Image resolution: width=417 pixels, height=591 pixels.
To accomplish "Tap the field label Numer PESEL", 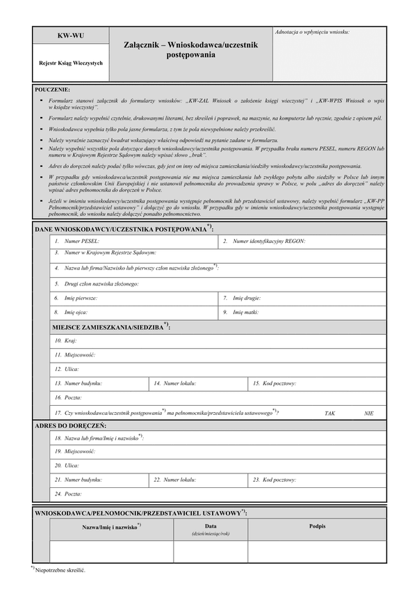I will tap(81, 242).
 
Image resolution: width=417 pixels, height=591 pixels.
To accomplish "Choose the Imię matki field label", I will tap(246, 313).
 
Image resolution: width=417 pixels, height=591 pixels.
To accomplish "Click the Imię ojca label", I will tap(76, 313).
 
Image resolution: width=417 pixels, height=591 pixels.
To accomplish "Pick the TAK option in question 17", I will tap(329, 413).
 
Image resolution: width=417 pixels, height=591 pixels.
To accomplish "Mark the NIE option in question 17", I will tap(368, 413).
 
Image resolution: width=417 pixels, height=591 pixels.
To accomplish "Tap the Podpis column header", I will tap(317, 526).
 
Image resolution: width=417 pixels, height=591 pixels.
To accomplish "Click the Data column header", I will tap(211, 526).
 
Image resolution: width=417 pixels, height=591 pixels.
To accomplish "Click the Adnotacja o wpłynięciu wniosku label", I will tap(313, 32).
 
